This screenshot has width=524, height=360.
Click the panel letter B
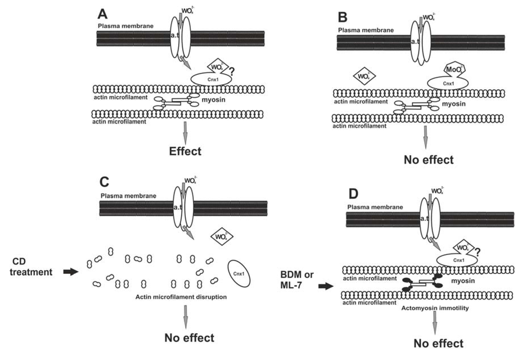[x=343, y=17]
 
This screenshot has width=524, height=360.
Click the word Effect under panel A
[x=185, y=151]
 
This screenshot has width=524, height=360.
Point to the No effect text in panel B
[x=428, y=159]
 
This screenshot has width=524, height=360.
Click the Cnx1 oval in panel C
[x=238, y=273]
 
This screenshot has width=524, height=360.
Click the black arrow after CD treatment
[x=70, y=272]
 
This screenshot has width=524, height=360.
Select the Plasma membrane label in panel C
[x=124, y=195]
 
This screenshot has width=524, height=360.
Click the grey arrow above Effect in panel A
[x=186, y=134]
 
